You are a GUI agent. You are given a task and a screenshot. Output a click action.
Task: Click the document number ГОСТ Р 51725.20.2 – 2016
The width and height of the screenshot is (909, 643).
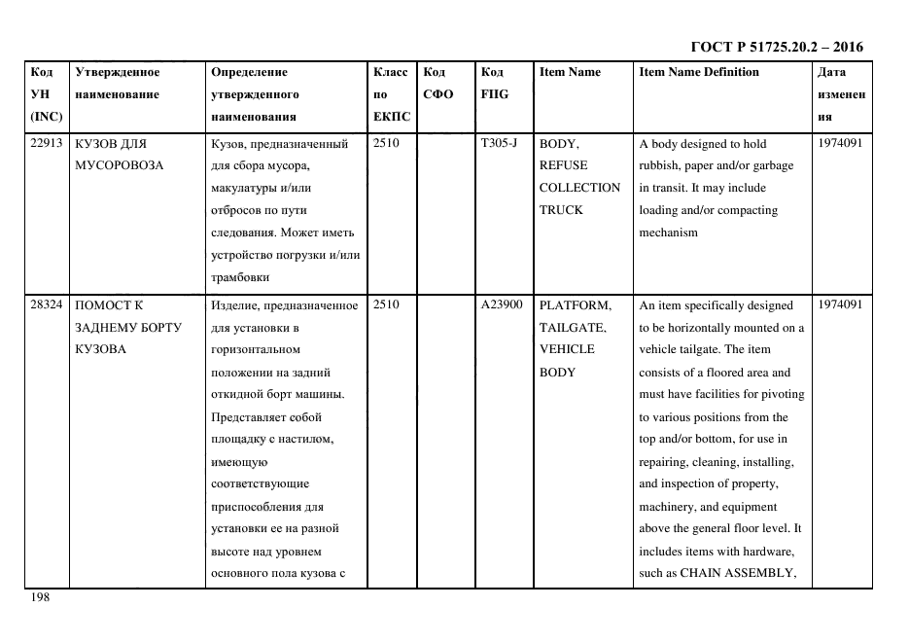point(776,47)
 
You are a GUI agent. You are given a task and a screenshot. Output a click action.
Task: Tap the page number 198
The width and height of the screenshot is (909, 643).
point(39,598)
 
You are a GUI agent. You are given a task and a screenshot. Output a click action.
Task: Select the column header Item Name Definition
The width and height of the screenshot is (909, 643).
point(699,72)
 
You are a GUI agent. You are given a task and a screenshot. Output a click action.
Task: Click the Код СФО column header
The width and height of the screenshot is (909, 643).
point(438,83)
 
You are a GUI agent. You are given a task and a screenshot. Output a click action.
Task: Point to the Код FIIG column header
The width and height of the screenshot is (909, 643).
point(494,83)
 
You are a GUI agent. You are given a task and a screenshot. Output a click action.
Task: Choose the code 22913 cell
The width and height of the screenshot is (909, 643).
point(46,143)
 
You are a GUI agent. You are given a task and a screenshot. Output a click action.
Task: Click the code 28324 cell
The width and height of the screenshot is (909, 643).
point(46,305)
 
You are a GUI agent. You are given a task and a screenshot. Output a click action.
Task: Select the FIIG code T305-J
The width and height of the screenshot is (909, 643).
point(499,143)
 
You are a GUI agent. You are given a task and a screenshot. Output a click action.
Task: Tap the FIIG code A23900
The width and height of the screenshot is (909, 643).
point(502,305)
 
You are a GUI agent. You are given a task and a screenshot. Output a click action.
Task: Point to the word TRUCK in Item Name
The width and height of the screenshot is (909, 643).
point(561,210)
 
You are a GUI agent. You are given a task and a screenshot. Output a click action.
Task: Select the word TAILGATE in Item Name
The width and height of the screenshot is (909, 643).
point(573,328)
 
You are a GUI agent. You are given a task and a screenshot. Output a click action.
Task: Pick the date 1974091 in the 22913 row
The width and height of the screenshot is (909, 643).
point(840,143)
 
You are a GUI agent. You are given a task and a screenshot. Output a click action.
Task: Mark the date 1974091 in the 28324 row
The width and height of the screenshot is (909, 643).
point(840,305)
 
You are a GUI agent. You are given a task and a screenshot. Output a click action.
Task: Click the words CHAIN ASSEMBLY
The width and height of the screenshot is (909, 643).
point(737,573)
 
